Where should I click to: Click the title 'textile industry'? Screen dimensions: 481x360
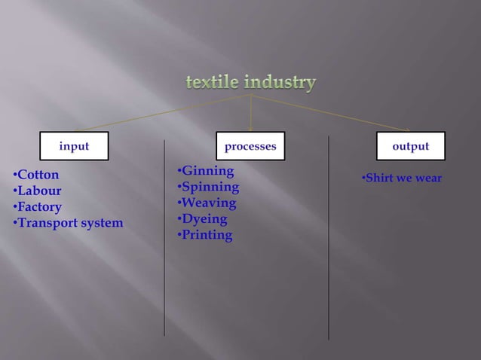(x=251, y=83)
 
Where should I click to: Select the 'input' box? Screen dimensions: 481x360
(x=75, y=146)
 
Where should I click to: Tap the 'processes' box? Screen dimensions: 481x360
(x=250, y=146)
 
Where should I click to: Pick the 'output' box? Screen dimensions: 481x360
(x=411, y=146)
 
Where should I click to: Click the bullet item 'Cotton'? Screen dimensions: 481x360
(x=38, y=175)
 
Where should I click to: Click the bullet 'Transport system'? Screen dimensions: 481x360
(x=70, y=223)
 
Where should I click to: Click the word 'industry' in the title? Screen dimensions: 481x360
(x=283, y=83)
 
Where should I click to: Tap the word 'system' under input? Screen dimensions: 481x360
(x=103, y=223)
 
